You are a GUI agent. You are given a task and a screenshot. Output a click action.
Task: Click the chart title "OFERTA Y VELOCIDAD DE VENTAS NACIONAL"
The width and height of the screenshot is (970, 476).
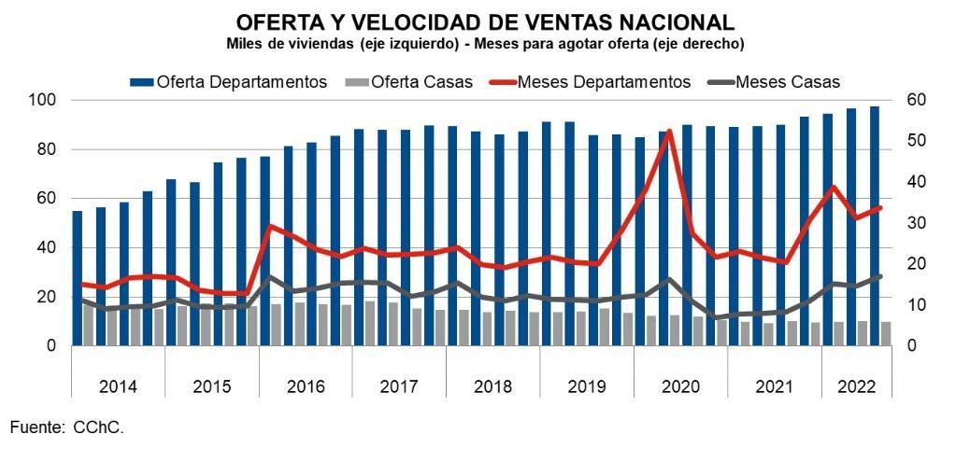(x=485, y=22)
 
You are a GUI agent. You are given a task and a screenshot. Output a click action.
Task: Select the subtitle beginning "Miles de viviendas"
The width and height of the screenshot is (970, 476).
(x=485, y=44)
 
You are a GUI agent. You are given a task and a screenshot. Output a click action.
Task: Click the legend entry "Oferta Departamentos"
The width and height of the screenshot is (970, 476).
(x=228, y=81)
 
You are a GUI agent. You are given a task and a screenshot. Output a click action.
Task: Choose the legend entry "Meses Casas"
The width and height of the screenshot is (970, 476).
(x=779, y=81)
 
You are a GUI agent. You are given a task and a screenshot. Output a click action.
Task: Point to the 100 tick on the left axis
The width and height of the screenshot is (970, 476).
(x=43, y=100)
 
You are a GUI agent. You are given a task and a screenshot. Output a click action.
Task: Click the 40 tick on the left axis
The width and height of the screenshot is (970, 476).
(x=48, y=248)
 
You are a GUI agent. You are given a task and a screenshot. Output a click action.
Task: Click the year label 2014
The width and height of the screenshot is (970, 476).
(x=118, y=387)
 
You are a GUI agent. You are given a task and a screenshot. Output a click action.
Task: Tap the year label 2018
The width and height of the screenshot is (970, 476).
(x=493, y=387)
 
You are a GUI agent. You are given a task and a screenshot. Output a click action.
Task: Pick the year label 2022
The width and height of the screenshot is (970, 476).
(x=856, y=387)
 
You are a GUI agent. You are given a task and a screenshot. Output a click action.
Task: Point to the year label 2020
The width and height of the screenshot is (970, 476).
(x=680, y=387)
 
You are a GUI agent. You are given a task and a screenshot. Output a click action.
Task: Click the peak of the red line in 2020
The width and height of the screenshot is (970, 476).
(x=668, y=131)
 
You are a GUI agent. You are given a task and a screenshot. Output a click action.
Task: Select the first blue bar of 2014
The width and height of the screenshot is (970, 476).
(x=78, y=278)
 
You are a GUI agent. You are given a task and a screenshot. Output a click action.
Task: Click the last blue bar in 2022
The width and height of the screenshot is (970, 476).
(x=874, y=226)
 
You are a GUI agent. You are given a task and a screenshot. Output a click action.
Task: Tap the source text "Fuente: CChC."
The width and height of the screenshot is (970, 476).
(x=66, y=427)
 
